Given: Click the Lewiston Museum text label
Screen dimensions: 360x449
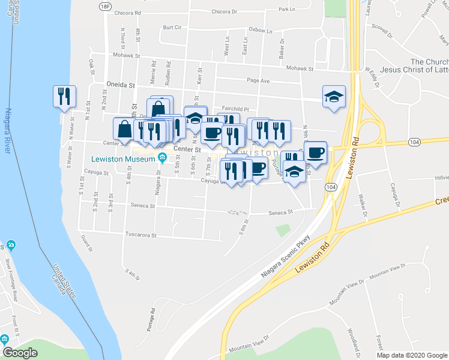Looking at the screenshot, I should [123, 158].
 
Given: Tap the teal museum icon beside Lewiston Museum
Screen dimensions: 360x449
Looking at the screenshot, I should [162, 158].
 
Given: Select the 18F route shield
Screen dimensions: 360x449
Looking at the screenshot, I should [106, 6].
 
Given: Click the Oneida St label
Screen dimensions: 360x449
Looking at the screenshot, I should [121, 85].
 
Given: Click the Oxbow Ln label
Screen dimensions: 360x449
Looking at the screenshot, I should [261, 30].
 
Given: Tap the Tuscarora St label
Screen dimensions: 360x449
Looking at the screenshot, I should [140, 235].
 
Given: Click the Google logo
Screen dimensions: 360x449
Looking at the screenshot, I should [20, 352].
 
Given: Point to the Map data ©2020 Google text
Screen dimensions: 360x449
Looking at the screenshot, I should [411, 355].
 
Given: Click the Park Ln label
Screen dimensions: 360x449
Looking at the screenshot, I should [288, 10].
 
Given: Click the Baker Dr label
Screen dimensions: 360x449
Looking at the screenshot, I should [280, 52].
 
